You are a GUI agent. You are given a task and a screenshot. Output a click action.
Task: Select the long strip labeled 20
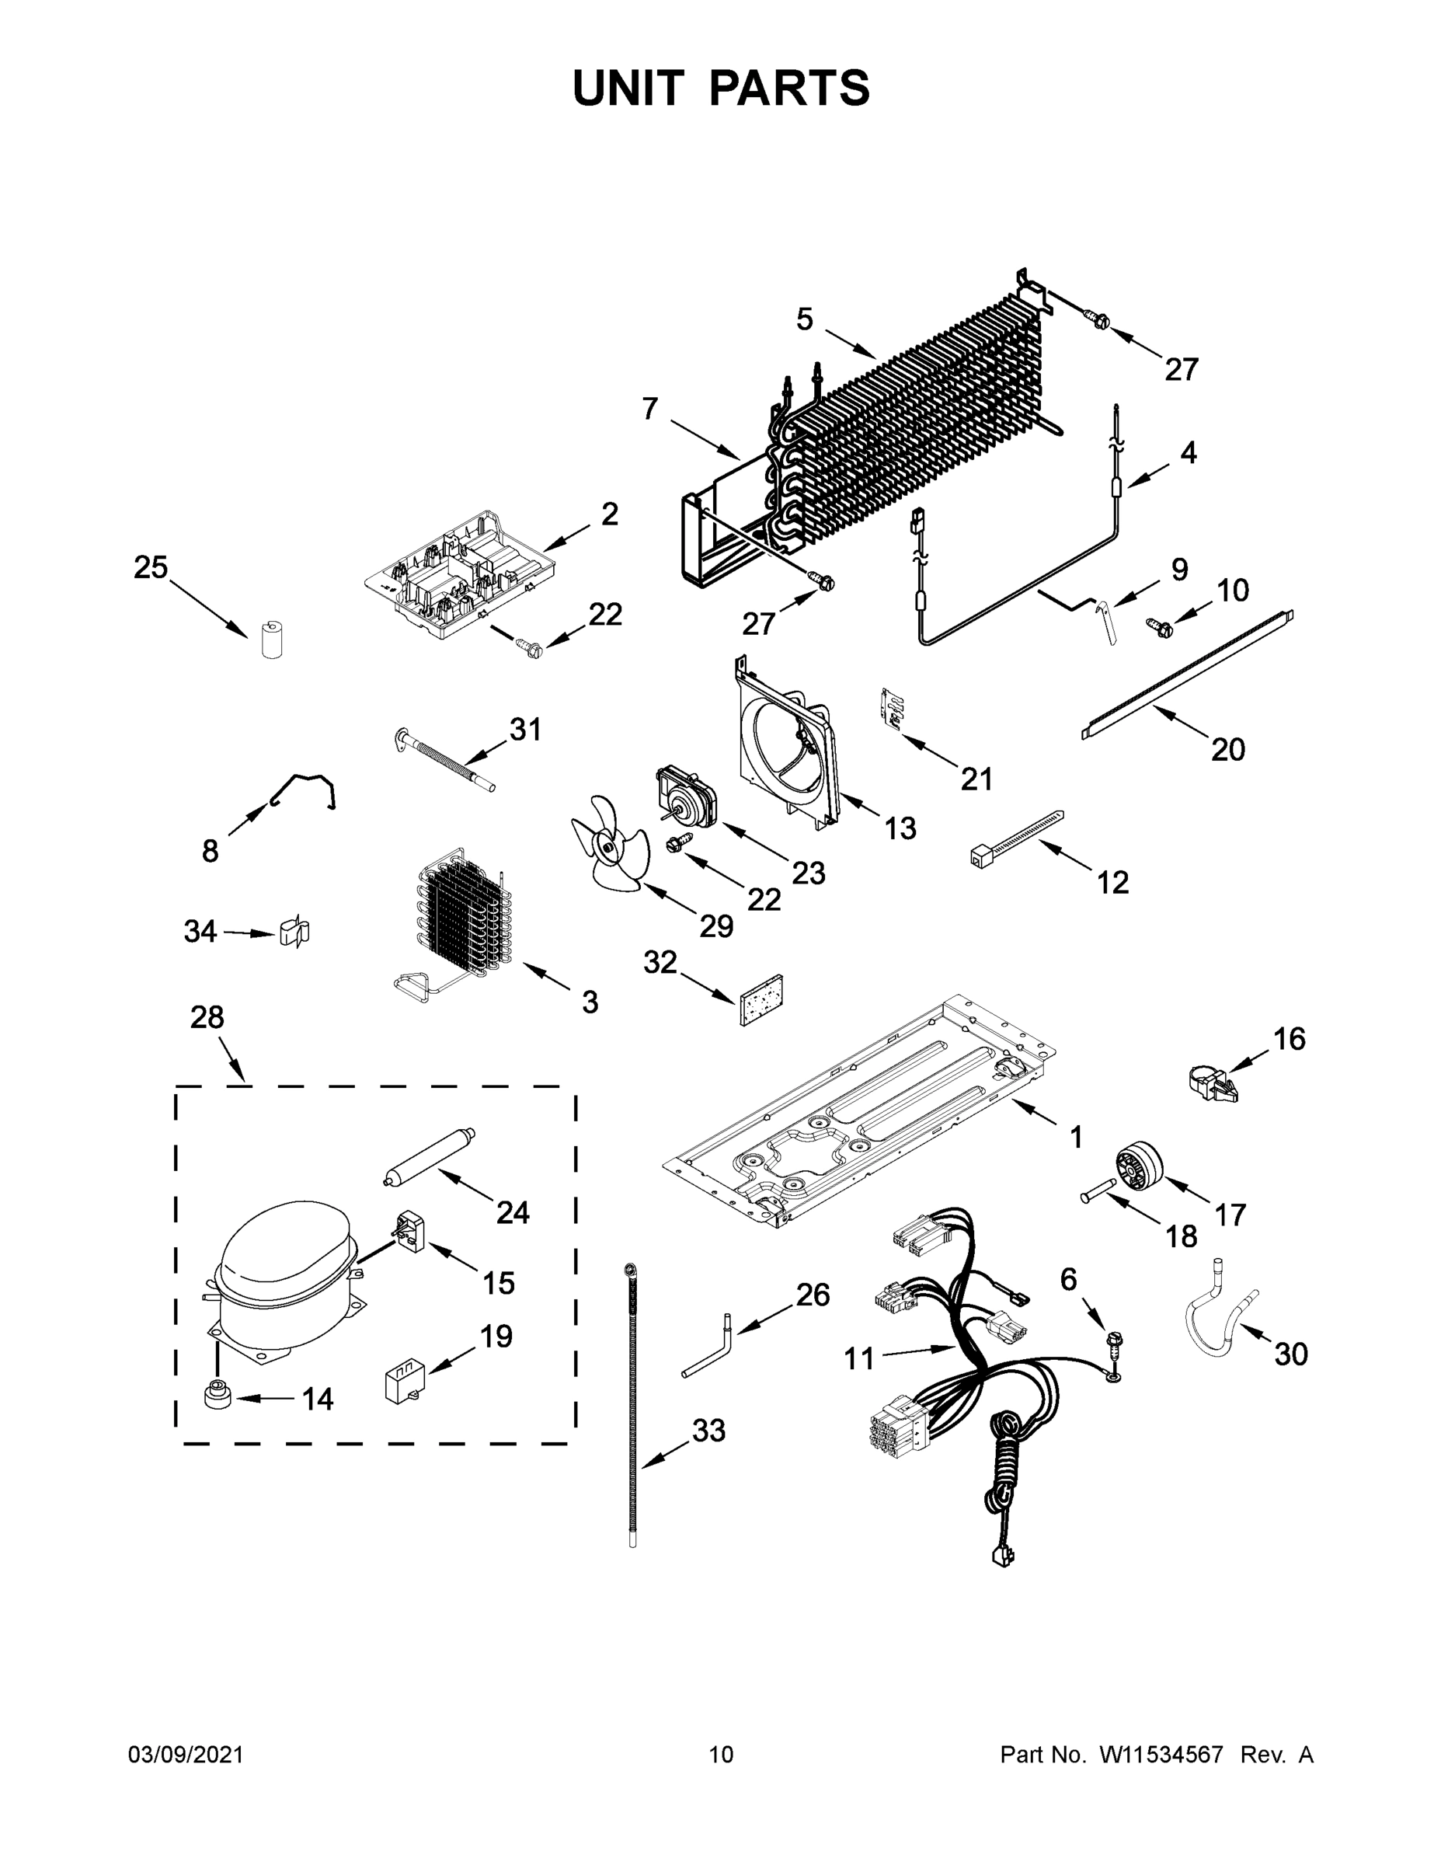point(1187,674)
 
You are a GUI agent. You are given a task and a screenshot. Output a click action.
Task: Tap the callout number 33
point(708,1430)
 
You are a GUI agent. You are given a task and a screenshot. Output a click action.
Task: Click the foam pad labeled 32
point(762,999)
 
